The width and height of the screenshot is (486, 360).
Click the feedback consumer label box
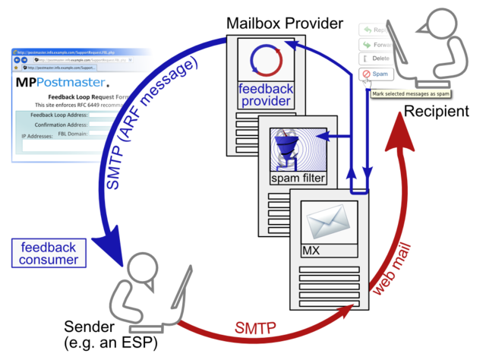(49, 254)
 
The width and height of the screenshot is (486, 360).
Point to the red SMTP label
(254, 329)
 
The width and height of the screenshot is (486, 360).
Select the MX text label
(312, 250)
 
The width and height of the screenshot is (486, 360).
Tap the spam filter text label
(298, 178)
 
